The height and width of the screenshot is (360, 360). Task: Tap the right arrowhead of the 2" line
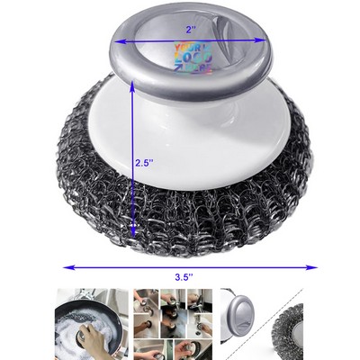point(262,40)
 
